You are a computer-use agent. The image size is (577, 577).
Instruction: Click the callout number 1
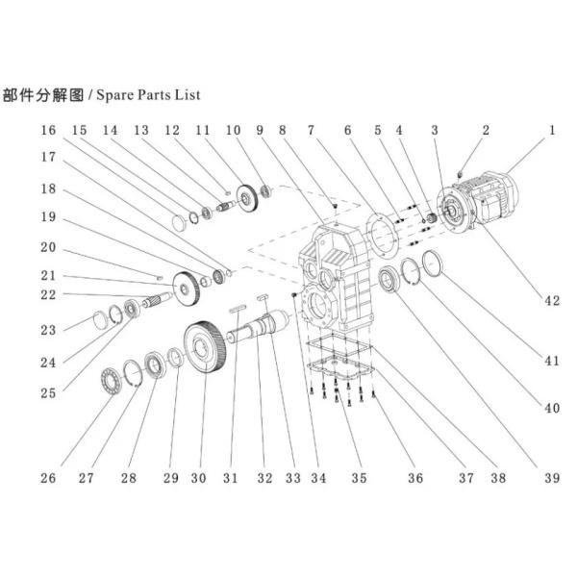(552, 130)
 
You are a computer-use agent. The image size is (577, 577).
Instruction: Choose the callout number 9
(259, 130)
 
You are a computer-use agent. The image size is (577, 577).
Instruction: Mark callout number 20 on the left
(48, 247)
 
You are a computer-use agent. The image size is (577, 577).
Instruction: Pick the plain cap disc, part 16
(178, 223)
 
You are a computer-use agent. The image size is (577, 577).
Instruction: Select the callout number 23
(49, 330)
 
